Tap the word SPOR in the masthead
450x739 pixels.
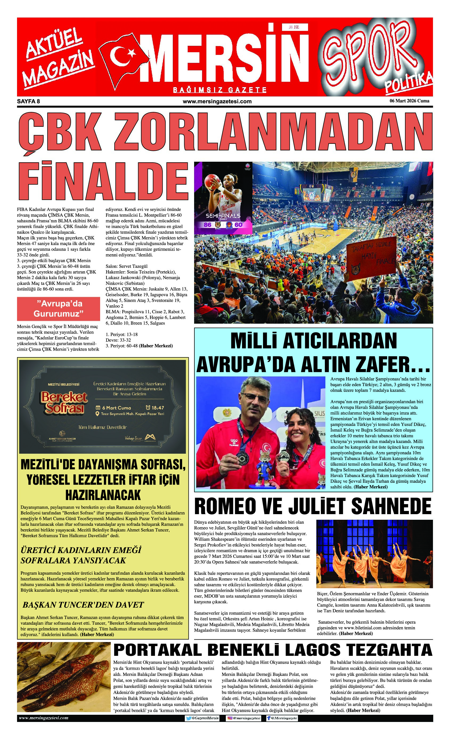(370, 54)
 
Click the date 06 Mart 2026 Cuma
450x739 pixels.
(409, 101)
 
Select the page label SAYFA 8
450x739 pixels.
(28, 101)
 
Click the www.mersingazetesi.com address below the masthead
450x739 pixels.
(217, 101)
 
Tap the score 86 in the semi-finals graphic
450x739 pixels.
(207, 225)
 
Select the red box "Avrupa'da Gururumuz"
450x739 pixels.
(59, 308)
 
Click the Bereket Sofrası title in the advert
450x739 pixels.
(64, 402)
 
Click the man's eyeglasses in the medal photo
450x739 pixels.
(255, 398)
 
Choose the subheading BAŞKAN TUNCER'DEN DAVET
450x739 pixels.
(83, 605)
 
